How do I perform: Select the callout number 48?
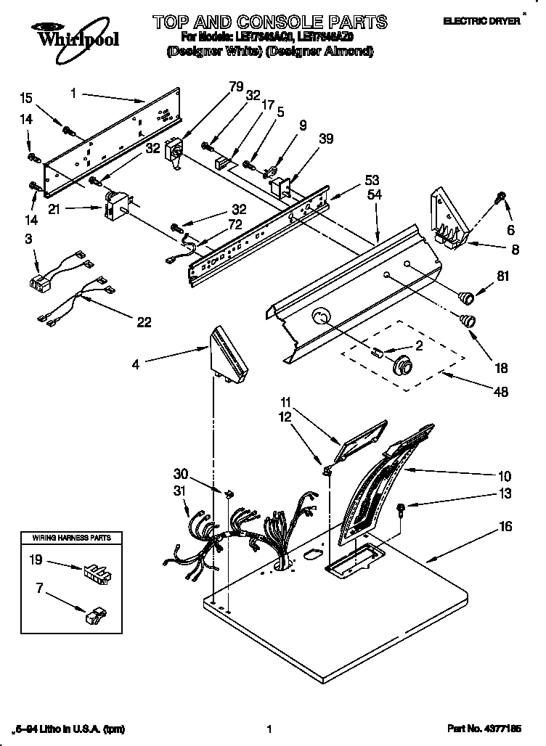500,393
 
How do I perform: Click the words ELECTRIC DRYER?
492,22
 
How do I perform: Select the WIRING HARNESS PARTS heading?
70,538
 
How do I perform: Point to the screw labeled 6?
500,197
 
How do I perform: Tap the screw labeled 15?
70,131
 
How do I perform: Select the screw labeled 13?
401,509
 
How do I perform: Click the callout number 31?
180,491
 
